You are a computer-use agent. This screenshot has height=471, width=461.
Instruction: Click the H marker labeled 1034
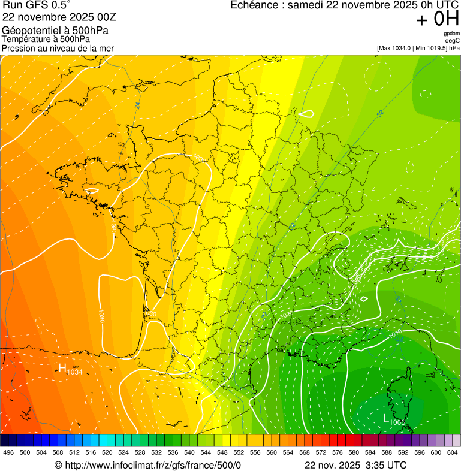(62, 367)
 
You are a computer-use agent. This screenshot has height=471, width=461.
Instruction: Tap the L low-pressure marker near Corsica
(387, 418)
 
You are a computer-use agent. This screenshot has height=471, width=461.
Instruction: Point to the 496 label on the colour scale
(8, 452)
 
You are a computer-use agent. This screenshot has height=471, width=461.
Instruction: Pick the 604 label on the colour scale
(453, 452)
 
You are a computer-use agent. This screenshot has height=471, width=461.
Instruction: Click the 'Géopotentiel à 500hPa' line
(56, 31)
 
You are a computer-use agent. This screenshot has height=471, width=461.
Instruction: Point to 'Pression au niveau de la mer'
(58, 48)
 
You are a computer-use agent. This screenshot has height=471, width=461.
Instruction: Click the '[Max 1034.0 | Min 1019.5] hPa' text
(418, 48)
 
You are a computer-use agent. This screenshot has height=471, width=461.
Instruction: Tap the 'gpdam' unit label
(451, 34)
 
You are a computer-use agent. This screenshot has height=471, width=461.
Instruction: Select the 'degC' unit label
(452, 40)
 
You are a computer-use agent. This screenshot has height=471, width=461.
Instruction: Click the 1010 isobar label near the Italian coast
(396, 333)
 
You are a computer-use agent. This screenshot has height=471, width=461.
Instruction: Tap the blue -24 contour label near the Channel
(137, 105)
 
